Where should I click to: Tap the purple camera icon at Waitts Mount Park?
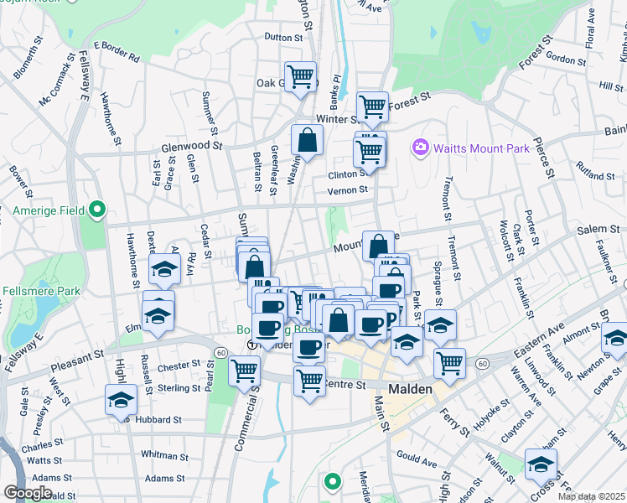[x=421, y=148]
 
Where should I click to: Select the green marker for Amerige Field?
[x=98, y=210]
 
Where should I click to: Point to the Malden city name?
[x=411, y=390]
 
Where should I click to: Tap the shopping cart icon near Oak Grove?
[x=300, y=78]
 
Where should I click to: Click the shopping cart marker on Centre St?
[x=310, y=380]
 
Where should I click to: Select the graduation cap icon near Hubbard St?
[x=122, y=399]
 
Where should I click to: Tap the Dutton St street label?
[x=282, y=38]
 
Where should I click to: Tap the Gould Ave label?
[x=418, y=462]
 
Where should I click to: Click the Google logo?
[x=28, y=493]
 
